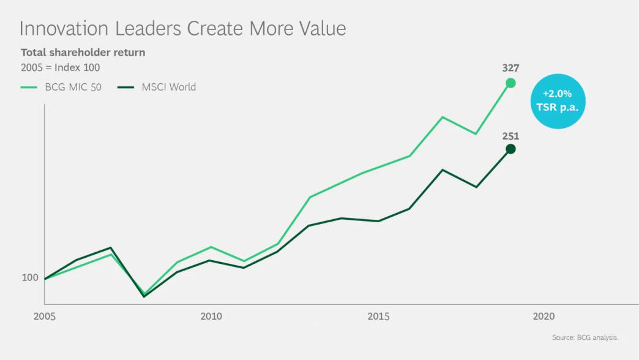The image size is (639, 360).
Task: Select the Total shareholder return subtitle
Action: click(x=83, y=53)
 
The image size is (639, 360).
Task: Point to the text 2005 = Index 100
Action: click(x=60, y=67)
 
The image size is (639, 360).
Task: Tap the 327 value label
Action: click(x=510, y=68)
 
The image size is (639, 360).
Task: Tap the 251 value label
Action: click(x=510, y=136)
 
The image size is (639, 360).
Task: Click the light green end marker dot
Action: click(x=510, y=83)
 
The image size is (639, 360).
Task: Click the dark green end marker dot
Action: click(x=510, y=149)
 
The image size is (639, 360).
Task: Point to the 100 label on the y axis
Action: click(x=30, y=277)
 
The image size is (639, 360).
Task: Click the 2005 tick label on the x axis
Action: click(x=44, y=317)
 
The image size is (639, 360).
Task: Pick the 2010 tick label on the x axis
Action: click(x=211, y=317)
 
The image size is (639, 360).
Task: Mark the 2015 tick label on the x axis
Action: click(x=378, y=317)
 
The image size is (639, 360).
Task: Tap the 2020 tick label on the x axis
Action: click(x=544, y=317)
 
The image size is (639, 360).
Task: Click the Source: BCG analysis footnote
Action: click(x=585, y=337)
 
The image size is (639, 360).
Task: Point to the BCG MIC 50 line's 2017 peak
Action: click(x=443, y=117)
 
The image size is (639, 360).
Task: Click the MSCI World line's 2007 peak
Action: click(x=111, y=248)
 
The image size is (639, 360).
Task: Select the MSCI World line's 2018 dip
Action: click(x=476, y=187)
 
